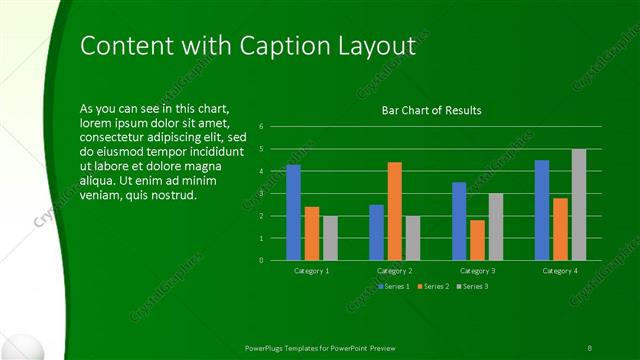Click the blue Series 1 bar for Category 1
point(293,212)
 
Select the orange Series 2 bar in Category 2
point(395,211)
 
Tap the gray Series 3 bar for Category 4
point(579,204)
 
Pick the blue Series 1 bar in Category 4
point(542,210)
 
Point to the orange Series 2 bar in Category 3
point(477,240)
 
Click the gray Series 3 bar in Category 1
point(330,238)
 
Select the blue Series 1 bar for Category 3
point(459,221)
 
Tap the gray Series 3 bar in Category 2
point(413,238)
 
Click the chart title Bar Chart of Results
point(431,110)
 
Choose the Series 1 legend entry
point(394,287)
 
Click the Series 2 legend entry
point(434,287)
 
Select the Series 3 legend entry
point(472,287)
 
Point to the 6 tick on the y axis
point(261,127)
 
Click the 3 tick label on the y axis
point(261,193)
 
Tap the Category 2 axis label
point(395,271)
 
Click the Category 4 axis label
point(560,271)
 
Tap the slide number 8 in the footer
point(590,346)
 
